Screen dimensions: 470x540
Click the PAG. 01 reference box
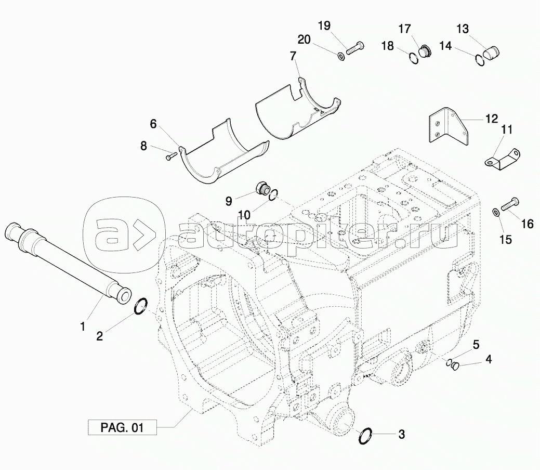pyautogui.click(x=122, y=428)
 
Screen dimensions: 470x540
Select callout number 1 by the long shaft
pyautogui.click(x=82, y=327)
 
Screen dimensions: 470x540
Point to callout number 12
pyautogui.click(x=492, y=118)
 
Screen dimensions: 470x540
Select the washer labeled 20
pyautogui.click(x=340, y=55)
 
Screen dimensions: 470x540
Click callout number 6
pyautogui.click(x=153, y=124)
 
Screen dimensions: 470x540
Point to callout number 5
pyautogui.click(x=476, y=344)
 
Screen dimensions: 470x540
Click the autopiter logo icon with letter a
pyautogui.click(x=122, y=232)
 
